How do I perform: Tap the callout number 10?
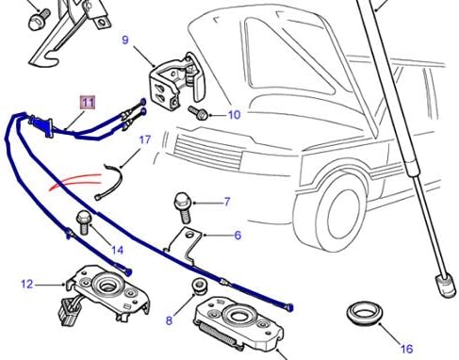(x=234, y=115)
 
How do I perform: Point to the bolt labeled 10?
(x=201, y=111)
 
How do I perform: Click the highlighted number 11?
(x=87, y=101)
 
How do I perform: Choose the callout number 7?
(x=226, y=202)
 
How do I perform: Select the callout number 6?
(x=238, y=236)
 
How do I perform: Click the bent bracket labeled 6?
(x=192, y=243)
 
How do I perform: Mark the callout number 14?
(x=117, y=250)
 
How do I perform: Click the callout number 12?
(x=26, y=284)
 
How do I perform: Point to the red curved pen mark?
(x=80, y=182)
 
